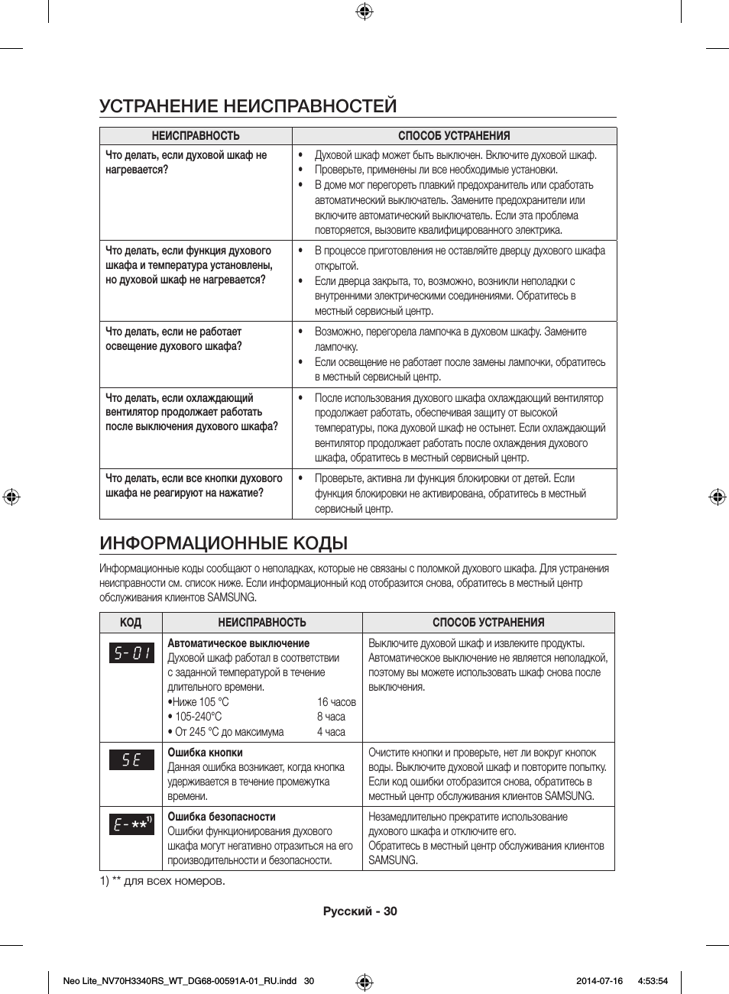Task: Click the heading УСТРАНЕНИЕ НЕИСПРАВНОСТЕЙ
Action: point(248,105)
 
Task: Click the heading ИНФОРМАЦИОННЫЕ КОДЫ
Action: point(223,543)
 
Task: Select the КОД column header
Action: point(131,623)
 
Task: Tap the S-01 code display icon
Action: point(131,653)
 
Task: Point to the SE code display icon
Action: point(131,760)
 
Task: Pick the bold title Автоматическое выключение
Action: point(238,643)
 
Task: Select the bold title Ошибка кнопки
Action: point(205,753)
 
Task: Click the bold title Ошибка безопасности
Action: point(222,817)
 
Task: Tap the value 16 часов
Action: point(336,702)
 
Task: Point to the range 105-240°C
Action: point(198,717)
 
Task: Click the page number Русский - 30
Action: point(360,911)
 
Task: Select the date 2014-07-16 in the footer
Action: point(599,981)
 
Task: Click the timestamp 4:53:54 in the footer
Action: point(652,981)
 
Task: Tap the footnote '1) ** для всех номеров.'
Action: point(162,881)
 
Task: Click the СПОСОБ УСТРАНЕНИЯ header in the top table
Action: point(454,136)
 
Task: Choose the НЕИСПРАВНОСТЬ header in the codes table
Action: point(262,623)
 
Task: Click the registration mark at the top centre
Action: point(364,11)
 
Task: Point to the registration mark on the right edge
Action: point(717,497)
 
